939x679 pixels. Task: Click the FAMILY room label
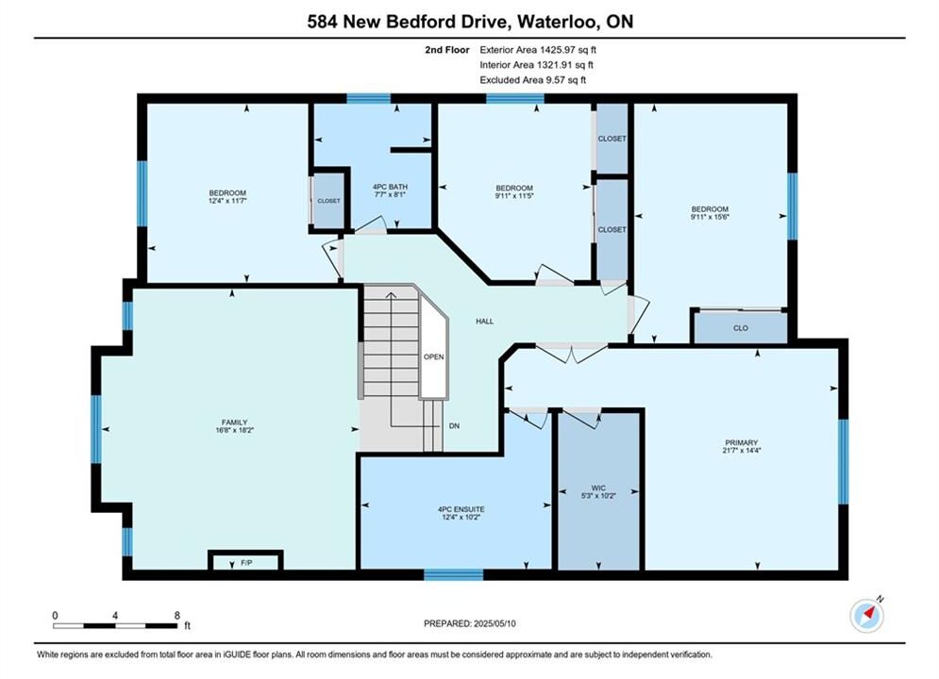coord(234,422)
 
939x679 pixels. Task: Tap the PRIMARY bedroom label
coord(742,442)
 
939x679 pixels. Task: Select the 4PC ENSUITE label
coord(461,509)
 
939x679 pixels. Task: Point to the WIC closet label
coord(598,489)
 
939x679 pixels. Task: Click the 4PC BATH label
coord(390,187)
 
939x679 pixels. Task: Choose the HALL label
coord(484,322)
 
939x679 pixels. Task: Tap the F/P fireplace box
coord(245,561)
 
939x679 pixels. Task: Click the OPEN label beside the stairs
coord(433,356)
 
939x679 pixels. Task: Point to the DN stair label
coord(455,426)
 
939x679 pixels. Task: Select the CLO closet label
coord(741,328)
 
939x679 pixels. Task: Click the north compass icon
coord(867,614)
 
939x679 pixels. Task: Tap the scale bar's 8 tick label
coord(177,615)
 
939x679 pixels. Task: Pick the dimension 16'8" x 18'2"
coord(234,429)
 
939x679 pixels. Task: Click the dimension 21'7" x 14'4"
coord(742,451)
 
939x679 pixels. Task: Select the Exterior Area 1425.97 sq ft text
coord(538,50)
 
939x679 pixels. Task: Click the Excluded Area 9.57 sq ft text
coord(533,79)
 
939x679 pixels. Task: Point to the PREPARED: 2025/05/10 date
coord(470,623)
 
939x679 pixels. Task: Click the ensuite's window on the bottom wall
coord(453,575)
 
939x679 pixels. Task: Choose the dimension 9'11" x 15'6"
coord(710,217)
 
